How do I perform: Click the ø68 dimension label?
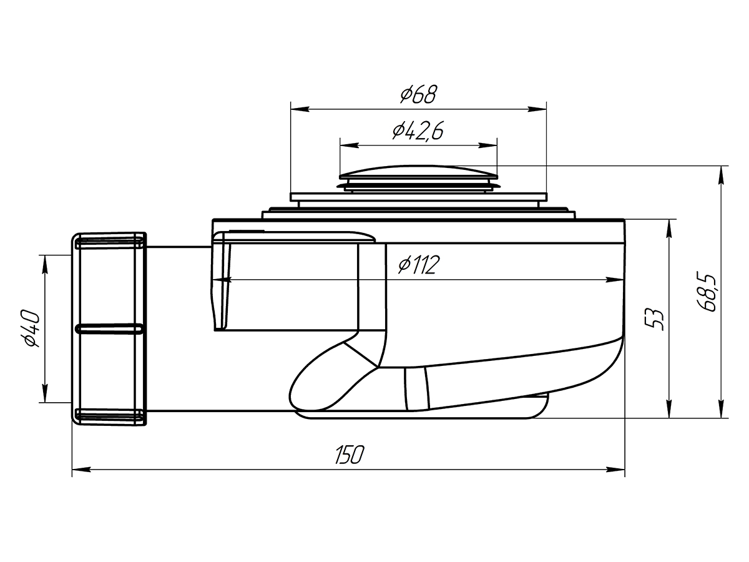click(x=418, y=95)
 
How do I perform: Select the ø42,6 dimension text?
click(x=418, y=131)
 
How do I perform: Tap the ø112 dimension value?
click(x=419, y=266)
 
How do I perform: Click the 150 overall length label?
click(x=348, y=455)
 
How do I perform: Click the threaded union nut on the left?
click(x=109, y=328)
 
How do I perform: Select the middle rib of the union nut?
click(x=109, y=328)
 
